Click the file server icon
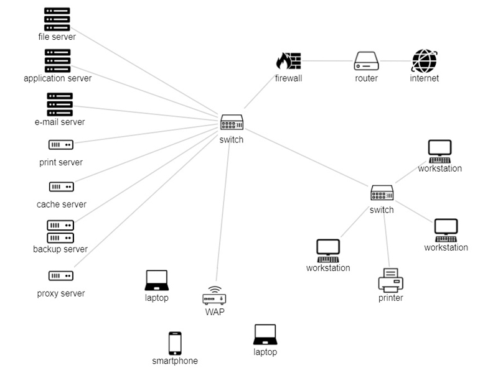[x=57, y=19]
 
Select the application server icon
[x=57, y=61]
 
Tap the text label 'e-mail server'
[x=60, y=122]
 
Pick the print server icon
[x=60, y=145]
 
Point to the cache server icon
[x=61, y=186]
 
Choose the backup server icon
[x=60, y=231]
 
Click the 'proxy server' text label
[x=61, y=293]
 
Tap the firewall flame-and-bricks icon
[x=288, y=61]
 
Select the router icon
[x=367, y=61]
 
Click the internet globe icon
[x=425, y=61]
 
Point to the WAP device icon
[x=214, y=295]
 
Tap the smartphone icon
[x=175, y=343]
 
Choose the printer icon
[x=390, y=280]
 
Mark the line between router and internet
[x=395, y=61]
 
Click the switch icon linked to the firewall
[x=232, y=122]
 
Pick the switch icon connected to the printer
[x=382, y=193]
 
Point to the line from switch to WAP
[x=223, y=211]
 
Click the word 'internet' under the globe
[x=425, y=78]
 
